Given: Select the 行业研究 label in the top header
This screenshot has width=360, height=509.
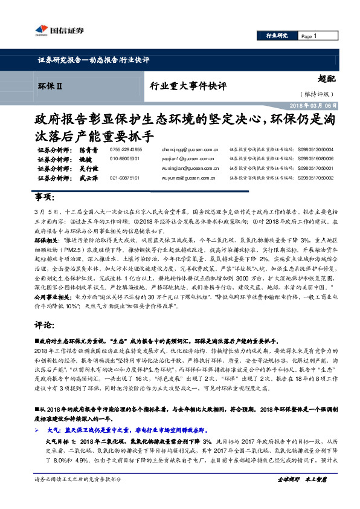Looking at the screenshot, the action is click(277, 36).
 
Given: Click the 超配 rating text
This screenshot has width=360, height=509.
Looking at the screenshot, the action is click(327, 79).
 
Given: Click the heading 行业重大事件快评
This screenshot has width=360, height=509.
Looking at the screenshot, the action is click(188, 86).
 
